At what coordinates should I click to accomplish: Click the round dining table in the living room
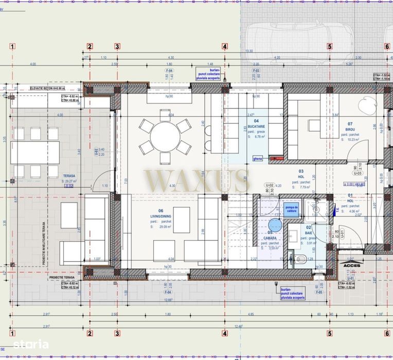pyautogui.click(x=165, y=136)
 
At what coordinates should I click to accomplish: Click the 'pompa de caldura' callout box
pyautogui.click(x=291, y=207)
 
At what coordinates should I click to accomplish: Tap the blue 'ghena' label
pyautogui.click(x=258, y=159)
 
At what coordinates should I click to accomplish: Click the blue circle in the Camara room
pyautogui.click(x=276, y=225)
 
